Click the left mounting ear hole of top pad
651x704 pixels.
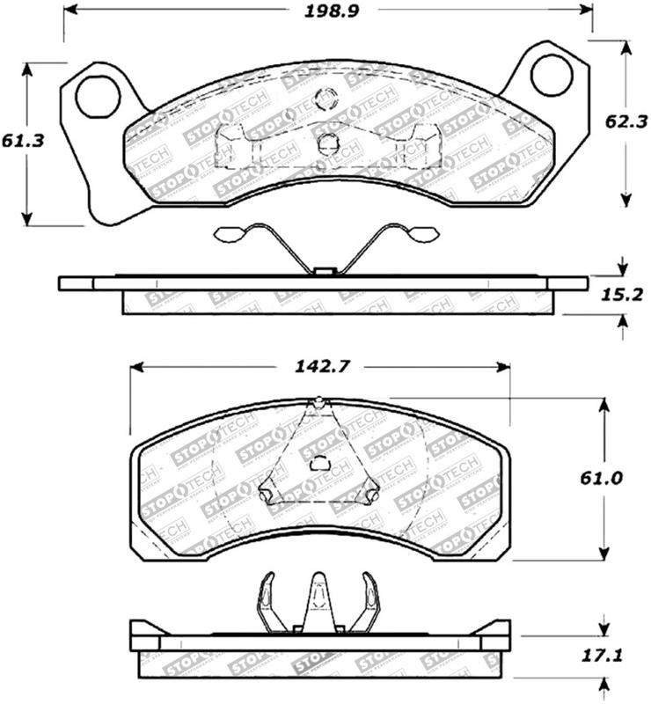[x=97, y=97]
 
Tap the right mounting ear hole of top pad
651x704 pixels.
[x=552, y=74]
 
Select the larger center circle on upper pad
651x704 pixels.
[x=328, y=143]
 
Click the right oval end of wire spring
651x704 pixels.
[x=425, y=233]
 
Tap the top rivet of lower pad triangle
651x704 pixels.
[x=319, y=404]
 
